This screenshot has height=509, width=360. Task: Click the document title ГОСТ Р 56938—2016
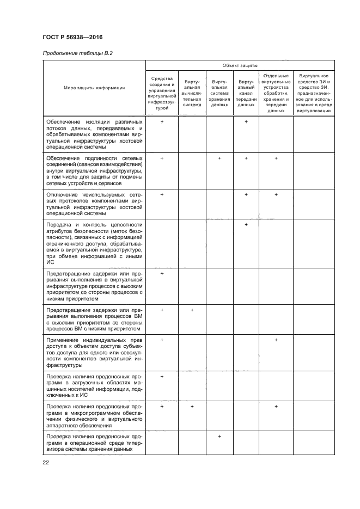[72, 37]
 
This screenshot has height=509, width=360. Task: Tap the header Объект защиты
[240, 65]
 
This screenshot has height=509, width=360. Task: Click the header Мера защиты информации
[93, 88]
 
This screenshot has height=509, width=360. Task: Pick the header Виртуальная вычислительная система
[192, 93]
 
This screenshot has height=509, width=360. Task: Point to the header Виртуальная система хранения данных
[219, 93]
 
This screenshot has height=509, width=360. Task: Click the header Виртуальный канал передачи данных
[246, 93]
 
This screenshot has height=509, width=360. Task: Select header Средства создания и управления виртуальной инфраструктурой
[162, 93]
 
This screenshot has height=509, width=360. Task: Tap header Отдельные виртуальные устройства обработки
[276, 93]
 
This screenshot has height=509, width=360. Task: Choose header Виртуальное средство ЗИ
[314, 93]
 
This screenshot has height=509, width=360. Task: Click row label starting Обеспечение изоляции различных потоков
[93, 134]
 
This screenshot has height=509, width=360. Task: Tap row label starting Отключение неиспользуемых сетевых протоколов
[93, 204]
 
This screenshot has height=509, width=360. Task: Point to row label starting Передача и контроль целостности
[93, 243]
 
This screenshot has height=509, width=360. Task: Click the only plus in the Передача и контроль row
[246, 224]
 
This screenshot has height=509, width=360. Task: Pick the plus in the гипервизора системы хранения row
[219, 437]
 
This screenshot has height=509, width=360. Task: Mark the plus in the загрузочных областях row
[162, 376]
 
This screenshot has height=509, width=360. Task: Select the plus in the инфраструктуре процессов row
[162, 273]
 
